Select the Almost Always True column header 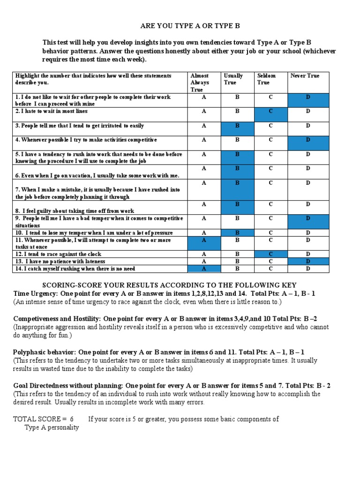click(200, 82)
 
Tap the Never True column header click(305, 75)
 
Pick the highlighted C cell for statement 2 click(270, 112)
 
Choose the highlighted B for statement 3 click(237, 126)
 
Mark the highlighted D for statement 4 click(308, 140)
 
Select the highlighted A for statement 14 click(203, 269)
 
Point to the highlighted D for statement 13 click(308, 262)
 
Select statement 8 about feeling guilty click(75, 211)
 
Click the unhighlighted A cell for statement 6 click(203, 168)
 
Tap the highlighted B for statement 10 click(237, 233)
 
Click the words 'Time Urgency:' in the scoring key click(34, 293)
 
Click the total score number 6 click(72, 419)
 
